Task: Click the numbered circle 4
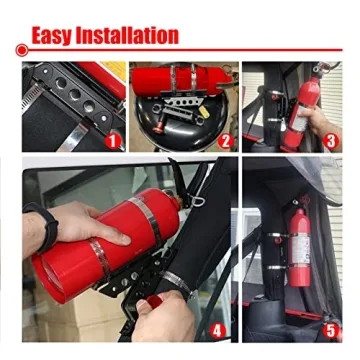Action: (219, 326)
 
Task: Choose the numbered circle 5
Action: (331, 326)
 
